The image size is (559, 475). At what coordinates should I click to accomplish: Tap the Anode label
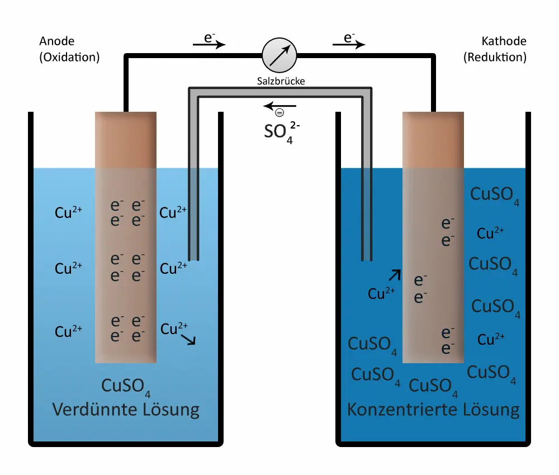(x=56, y=41)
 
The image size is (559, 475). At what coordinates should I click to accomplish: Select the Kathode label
(x=504, y=41)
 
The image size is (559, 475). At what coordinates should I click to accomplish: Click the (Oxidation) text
(x=70, y=57)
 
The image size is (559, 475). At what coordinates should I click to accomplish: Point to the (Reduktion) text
(x=495, y=57)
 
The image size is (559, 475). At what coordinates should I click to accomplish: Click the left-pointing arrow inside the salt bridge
(x=279, y=106)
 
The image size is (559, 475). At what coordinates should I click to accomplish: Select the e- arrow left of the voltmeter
(x=209, y=43)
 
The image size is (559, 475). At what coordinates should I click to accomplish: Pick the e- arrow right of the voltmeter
(x=349, y=43)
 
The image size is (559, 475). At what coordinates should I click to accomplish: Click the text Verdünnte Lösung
(x=126, y=410)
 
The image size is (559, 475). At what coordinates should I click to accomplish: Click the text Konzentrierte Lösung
(x=433, y=410)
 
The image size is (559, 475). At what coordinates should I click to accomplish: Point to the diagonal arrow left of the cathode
(x=395, y=274)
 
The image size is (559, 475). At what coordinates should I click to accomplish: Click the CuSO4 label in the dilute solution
(x=126, y=387)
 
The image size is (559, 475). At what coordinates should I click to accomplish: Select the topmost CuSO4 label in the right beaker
(x=495, y=194)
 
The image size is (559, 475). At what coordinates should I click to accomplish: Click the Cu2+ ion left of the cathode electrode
(x=382, y=293)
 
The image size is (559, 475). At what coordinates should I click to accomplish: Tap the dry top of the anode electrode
(x=126, y=140)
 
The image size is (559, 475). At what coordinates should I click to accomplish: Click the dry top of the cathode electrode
(x=433, y=140)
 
